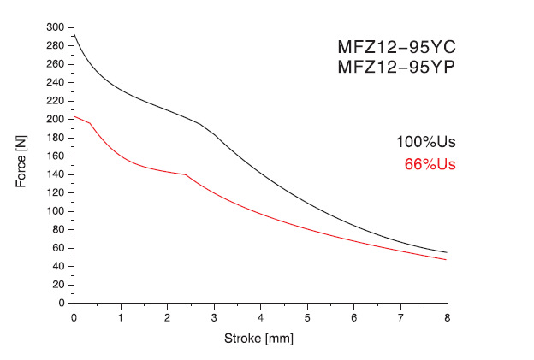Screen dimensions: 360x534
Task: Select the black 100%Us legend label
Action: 425,143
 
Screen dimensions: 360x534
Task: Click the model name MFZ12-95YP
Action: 394,68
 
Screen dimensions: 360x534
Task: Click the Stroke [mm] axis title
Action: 260,339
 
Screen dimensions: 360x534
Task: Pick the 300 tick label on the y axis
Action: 56,27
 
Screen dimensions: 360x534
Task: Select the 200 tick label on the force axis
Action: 56,119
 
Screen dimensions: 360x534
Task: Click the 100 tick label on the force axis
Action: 56,211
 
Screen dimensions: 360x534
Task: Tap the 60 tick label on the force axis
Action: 59,248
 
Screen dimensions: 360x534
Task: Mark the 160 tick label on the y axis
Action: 56,156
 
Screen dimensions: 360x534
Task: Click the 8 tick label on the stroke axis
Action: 448,317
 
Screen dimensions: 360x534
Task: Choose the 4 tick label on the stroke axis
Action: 260,317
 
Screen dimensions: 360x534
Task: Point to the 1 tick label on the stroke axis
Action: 121,317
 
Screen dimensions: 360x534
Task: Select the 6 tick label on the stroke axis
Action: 354,317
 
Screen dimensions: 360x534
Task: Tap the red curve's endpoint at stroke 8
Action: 447,259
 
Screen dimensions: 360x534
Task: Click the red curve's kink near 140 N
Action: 186,174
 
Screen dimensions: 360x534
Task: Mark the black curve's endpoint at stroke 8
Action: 447,252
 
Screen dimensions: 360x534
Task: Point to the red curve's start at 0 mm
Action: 74,116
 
